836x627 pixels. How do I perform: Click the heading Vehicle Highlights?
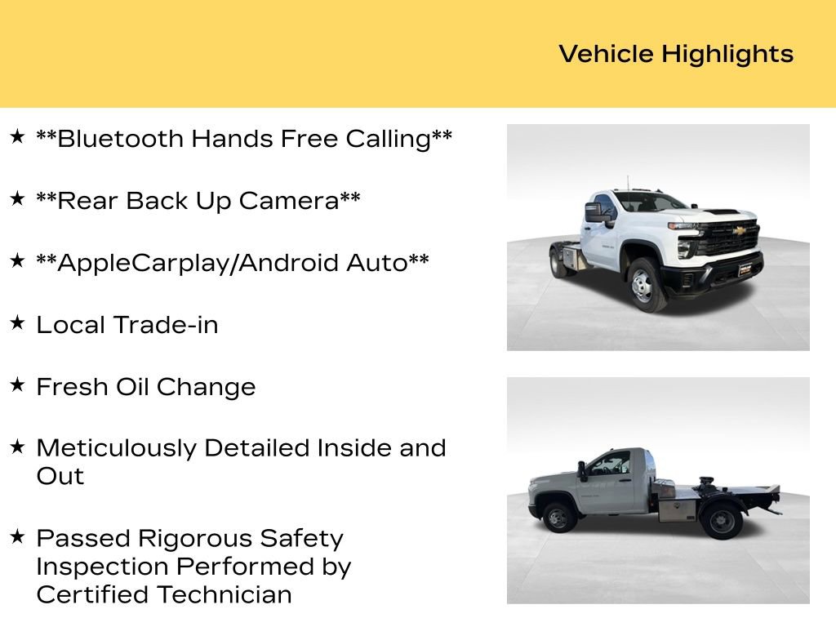click(676, 54)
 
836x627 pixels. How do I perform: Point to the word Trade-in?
click(166, 325)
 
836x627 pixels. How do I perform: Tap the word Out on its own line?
click(60, 476)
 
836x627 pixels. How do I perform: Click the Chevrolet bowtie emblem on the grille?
click(739, 231)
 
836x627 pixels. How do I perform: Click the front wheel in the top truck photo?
click(645, 285)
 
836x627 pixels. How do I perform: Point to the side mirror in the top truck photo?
click(597, 212)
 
